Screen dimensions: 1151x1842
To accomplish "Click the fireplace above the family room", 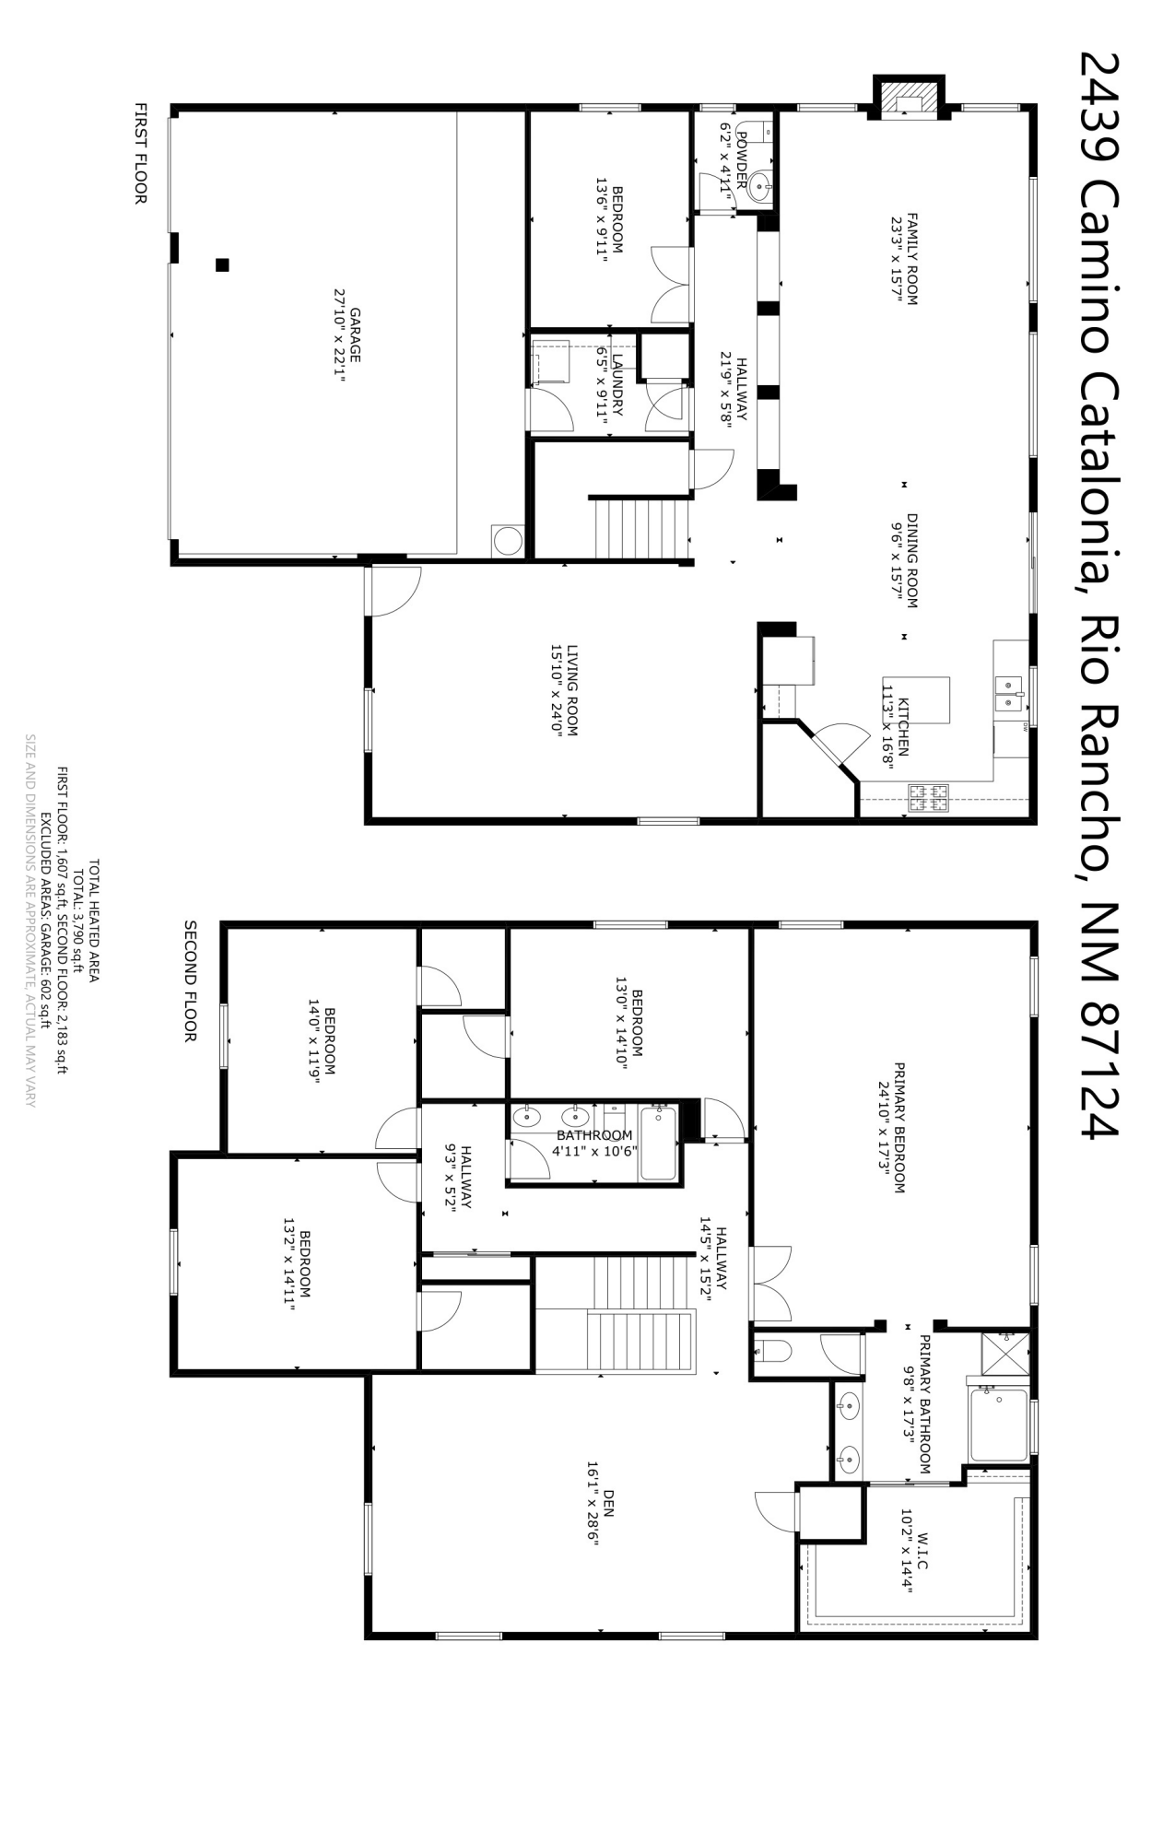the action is point(909,98).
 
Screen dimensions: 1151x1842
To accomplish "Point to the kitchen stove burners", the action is point(929,798).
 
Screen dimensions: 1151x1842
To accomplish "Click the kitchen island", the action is point(928,700).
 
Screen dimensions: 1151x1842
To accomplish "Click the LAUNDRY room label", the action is point(617,384).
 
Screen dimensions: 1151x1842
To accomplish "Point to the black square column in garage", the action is point(221,265).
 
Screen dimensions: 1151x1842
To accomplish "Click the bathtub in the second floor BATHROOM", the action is point(659,1144).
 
